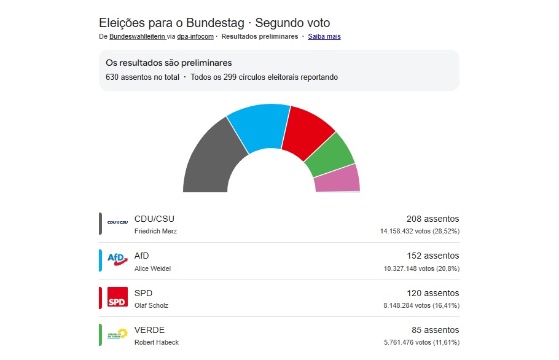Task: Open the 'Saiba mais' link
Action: pyautogui.click(x=324, y=36)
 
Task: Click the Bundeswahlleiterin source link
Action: pyautogui.click(x=137, y=36)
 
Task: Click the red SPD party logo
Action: pyautogui.click(x=117, y=298)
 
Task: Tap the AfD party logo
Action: pyautogui.click(x=117, y=260)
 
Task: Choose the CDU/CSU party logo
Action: pyautogui.click(x=117, y=223)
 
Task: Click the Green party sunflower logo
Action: pyautogui.click(x=117, y=334)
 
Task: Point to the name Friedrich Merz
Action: pyautogui.click(x=155, y=232)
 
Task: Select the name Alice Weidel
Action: pyautogui.click(x=152, y=268)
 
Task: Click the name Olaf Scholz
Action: pyautogui.click(x=151, y=305)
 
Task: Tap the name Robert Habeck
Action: pyautogui.click(x=157, y=342)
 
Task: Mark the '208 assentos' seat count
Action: pyautogui.click(x=432, y=219)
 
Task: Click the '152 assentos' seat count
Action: pyautogui.click(x=432, y=256)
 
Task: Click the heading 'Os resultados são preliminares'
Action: pyautogui.click(x=169, y=63)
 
